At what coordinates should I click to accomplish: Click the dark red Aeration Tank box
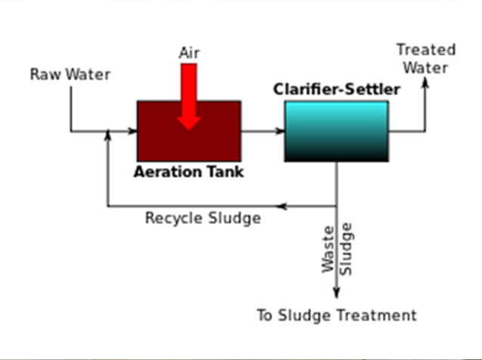point(189,131)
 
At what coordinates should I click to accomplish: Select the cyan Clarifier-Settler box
point(337,131)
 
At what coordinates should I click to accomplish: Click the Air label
point(189,53)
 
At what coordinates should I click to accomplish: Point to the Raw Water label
point(70,75)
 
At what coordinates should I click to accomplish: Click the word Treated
point(426,50)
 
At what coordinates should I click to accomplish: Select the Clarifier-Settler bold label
point(337,89)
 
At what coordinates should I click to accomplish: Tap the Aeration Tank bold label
point(188,172)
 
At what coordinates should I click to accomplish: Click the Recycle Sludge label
point(203,218)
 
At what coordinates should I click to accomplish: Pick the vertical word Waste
point(328,250)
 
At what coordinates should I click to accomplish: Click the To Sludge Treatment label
point(337,315)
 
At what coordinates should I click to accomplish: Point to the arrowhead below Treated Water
point(425,82)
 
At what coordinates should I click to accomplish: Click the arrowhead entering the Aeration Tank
point(132,131)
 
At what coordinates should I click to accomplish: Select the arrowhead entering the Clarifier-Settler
point(280,131)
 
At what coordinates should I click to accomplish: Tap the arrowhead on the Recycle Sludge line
point(281,206)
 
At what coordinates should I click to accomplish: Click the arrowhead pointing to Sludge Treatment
point(337,293)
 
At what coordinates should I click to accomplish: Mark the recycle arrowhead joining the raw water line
point(107,135)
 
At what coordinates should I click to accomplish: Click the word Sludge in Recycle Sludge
point(235,219)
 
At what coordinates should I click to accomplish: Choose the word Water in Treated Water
point(425,68)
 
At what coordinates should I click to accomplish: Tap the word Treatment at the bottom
point(377,315)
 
